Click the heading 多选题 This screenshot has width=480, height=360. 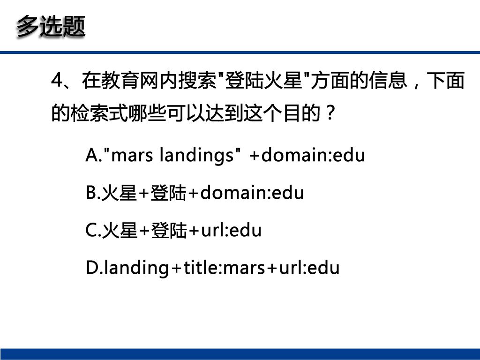tap(51, 27)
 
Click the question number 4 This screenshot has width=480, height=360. tap(57, 80)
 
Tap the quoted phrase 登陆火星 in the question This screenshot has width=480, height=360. tap(263, 80)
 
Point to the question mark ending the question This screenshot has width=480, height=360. tap(330, 112)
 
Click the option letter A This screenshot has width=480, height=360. tap(91, 155)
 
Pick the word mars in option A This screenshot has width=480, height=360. tap(132, 156)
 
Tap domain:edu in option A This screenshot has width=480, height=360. tap(313, 155)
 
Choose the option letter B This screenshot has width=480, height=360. tap(91, 193)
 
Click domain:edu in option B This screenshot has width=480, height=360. tap(252, 193)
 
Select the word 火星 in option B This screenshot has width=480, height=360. tap(119, 193)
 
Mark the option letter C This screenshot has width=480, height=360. tap(91, 231)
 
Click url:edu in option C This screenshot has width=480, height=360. tap(231, 231)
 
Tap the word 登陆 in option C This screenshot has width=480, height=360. tap(169, 231)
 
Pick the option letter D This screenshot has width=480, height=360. tap(91, 268)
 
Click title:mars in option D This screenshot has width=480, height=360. tap(224, 268)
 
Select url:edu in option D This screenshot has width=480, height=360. tap(309, 268)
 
